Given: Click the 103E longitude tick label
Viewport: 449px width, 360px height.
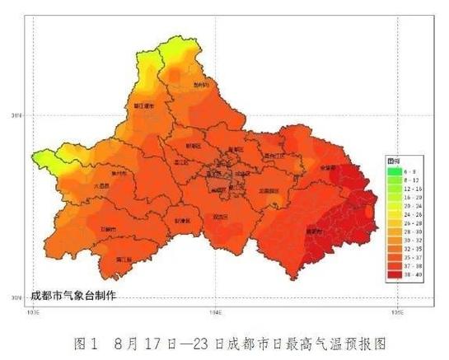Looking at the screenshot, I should coord(34,312).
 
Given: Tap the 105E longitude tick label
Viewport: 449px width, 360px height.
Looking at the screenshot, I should coord(396,312).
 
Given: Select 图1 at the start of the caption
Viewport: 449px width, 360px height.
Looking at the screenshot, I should coord(85,339).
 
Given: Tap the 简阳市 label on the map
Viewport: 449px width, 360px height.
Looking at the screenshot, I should coord(314,232).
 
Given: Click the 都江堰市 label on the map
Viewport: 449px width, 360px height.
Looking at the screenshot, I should coord(145,106).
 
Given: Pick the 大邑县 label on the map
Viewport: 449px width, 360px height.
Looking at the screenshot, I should coord(101,186).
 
